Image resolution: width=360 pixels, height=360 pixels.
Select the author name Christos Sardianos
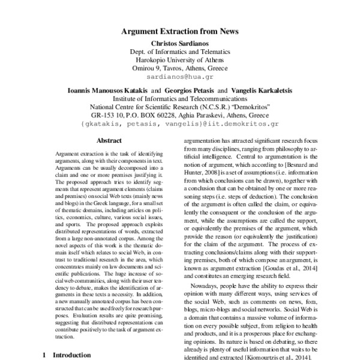click(180, 43)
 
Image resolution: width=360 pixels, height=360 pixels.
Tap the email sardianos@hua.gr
click(180, 77)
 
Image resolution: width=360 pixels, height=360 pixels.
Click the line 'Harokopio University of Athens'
click(180, 60)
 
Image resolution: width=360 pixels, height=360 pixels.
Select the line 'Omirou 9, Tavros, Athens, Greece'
click(180, 68)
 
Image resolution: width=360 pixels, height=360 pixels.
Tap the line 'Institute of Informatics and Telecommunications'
click(180, 99)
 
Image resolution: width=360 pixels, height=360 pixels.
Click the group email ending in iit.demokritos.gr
click(180, 124)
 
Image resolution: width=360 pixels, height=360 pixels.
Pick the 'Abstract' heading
click(109, 140)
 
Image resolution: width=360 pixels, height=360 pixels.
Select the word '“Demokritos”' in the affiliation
click(266, 107)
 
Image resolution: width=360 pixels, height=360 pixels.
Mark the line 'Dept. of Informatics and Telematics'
click(180, 52)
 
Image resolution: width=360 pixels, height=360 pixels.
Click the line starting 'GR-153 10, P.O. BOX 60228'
click(180, 116)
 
